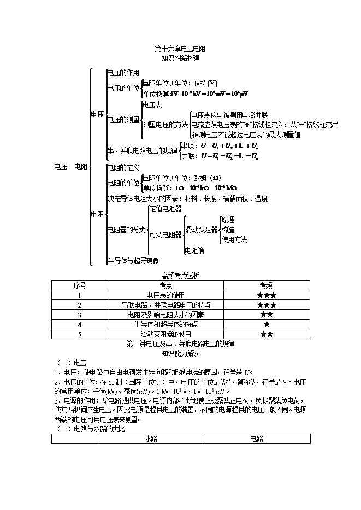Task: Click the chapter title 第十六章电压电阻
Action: (180, 49)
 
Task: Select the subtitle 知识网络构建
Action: (180, 57)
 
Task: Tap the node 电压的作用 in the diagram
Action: (123, 73)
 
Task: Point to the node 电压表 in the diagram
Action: (152, 104)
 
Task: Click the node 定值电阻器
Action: (165, 209)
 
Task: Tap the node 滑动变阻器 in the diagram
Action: (202, 230)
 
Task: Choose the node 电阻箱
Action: (194, 250)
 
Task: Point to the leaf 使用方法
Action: (234, 239)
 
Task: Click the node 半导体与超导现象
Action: (133, 261)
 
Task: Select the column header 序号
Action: (80, 285)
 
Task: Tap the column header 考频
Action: (266, 285)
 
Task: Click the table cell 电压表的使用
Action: (166, 295)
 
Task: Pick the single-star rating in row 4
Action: (267, 325)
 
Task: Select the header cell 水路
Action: (151, 439)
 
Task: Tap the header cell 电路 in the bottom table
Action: (257, 439)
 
